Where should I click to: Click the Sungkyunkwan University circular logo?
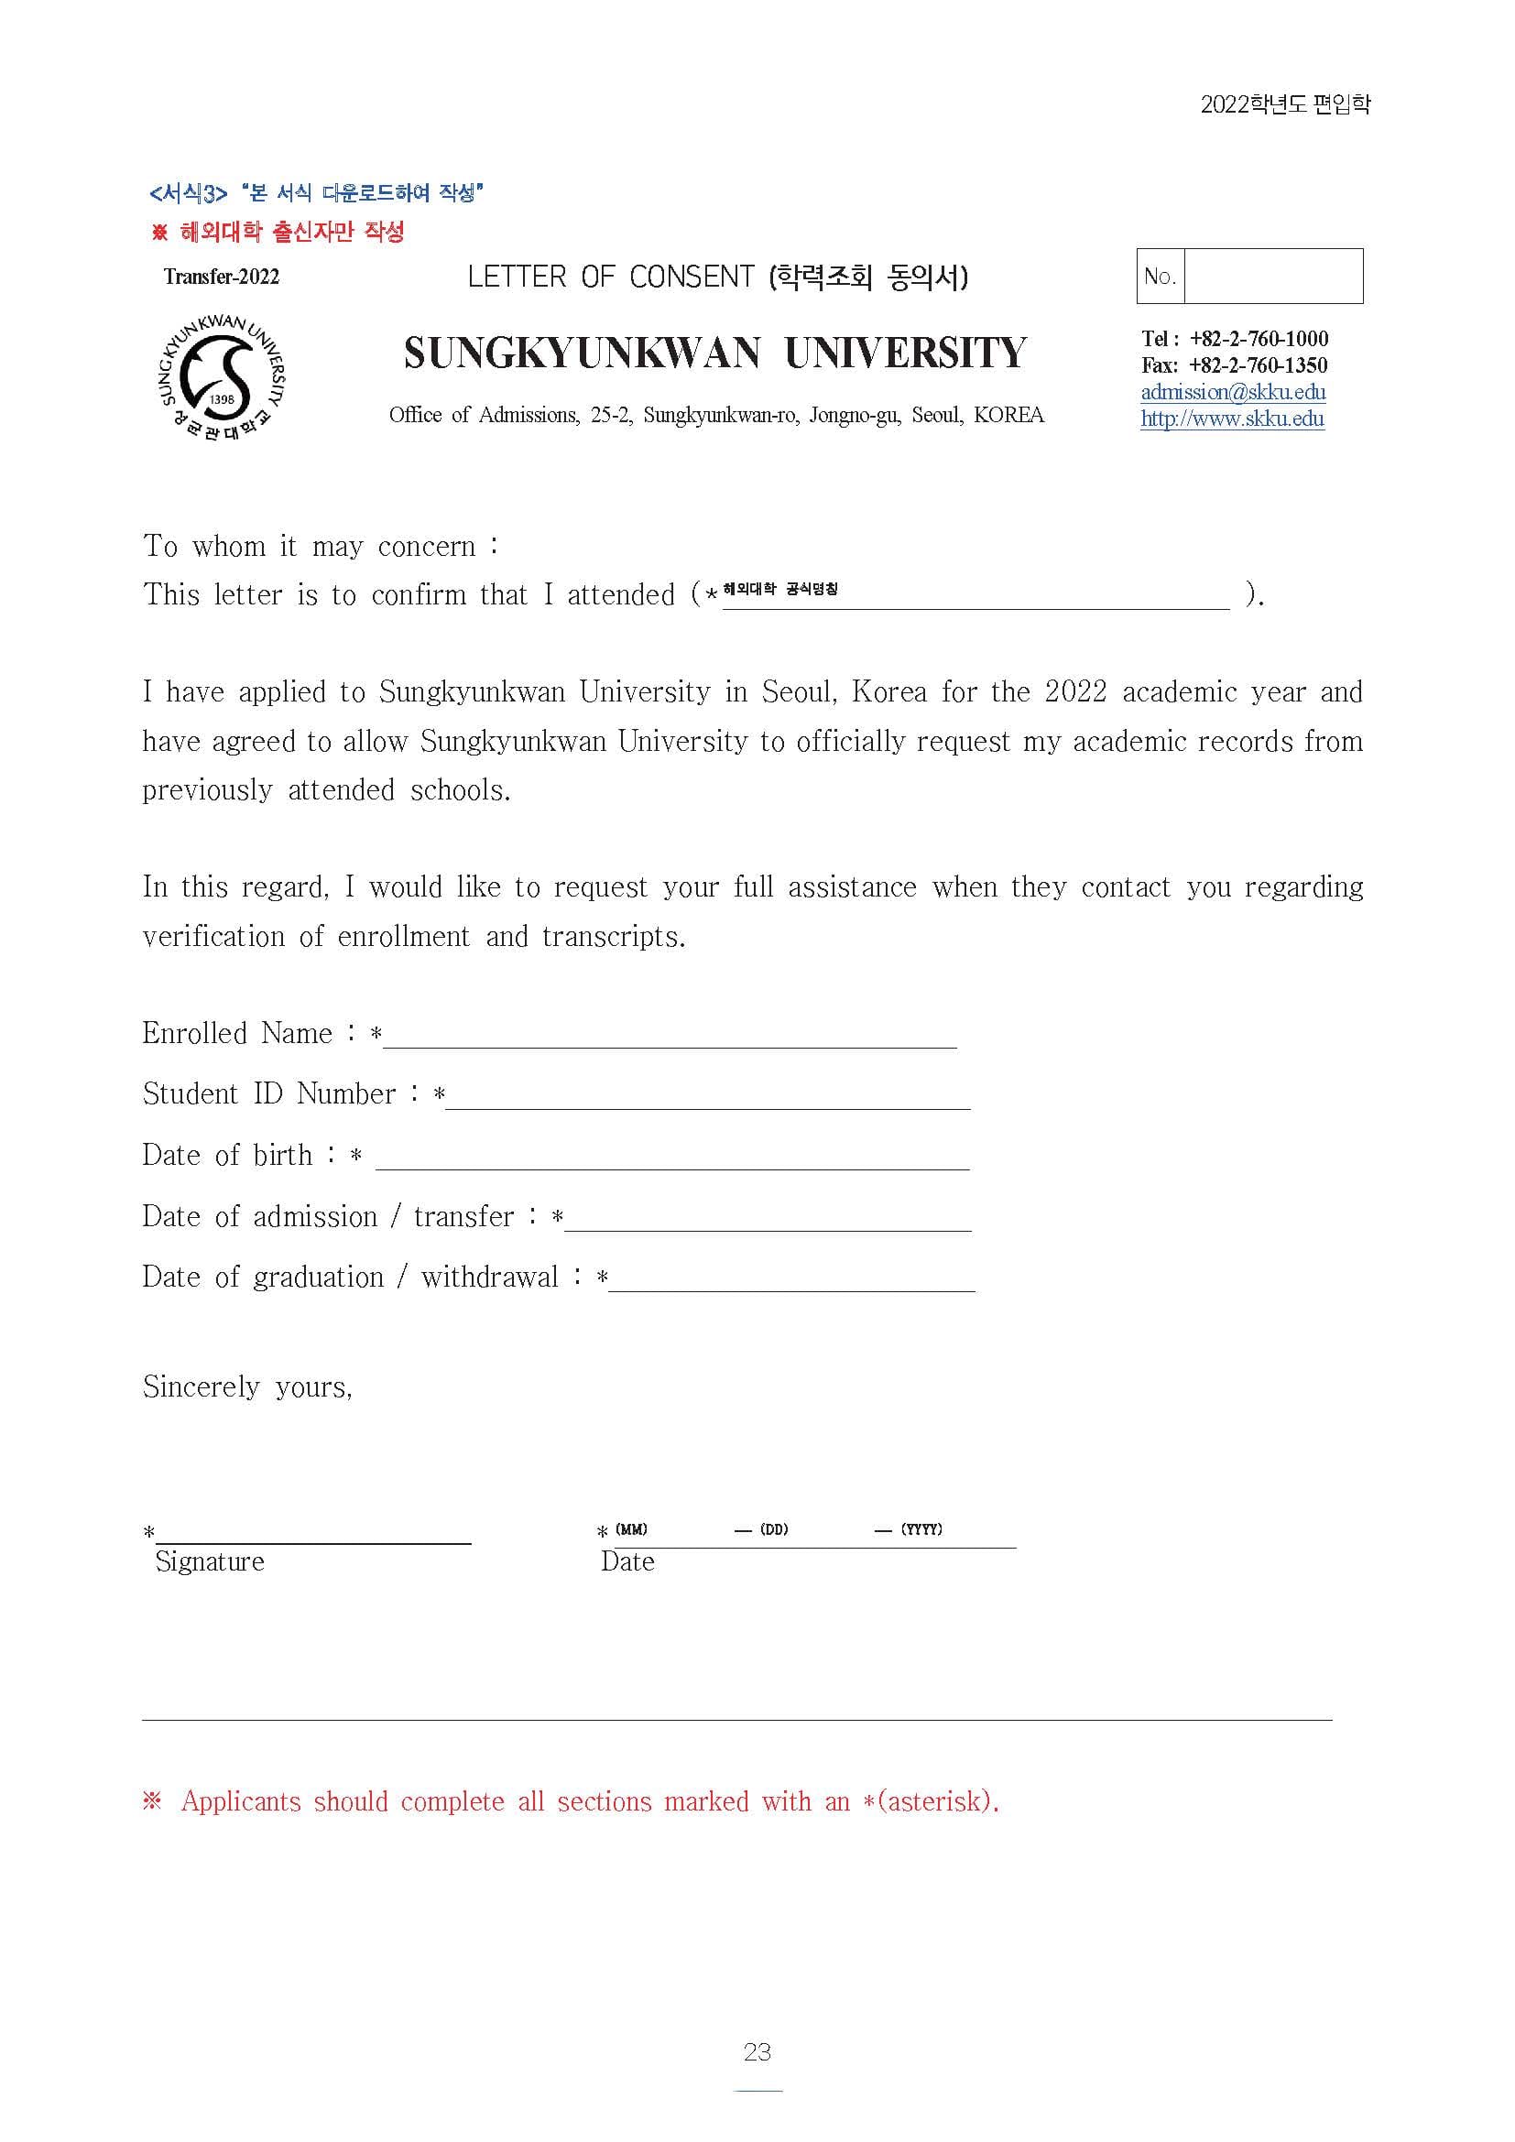(223, 378)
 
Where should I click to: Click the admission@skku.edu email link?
(1232, 392)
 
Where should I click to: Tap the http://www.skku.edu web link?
(1231, 419)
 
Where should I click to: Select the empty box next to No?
(1272, 277)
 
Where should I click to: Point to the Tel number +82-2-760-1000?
(1259, 339)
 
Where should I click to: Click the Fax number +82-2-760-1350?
(1258, 365)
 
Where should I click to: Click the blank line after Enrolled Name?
(670, 1036)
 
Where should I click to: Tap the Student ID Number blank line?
(707, 1096)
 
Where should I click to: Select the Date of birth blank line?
(671, 1157)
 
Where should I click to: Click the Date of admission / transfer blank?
(767, 1218)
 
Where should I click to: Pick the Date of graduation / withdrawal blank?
(791, 1279)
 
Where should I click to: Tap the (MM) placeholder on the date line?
(632, 1529)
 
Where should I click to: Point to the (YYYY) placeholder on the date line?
(921, 1529)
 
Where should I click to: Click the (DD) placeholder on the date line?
(773, 1529)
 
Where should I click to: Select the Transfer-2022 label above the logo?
(221, 277)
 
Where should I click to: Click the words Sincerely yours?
(247, 1387)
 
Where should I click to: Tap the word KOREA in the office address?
(1008, 415)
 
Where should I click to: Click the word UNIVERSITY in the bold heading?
(905, 353)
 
